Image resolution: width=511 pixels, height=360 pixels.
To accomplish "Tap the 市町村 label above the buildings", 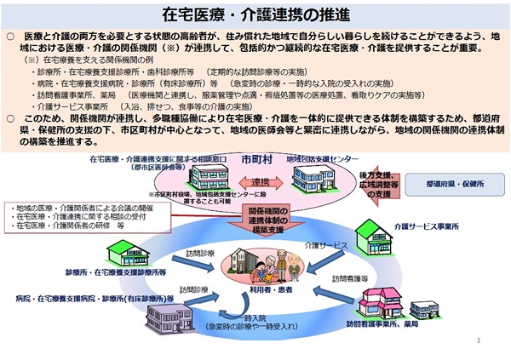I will click(x=255, y=158).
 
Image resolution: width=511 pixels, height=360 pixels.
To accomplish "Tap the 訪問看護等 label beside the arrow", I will click(x=348, y=278).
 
